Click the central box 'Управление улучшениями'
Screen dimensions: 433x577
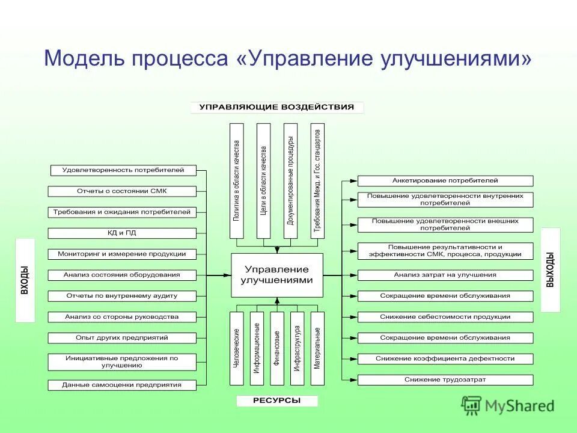tap(277, 275)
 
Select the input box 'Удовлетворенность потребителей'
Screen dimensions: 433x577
tap(123, 170)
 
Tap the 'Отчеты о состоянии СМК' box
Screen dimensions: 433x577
tap(122, 191)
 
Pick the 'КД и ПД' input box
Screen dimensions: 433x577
tap(122, 233)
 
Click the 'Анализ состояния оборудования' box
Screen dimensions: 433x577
tap(122, 275)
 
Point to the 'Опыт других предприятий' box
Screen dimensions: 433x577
tap(122, 337)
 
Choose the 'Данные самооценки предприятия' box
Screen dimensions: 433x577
tap(122, 385)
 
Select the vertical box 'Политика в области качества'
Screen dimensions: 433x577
tap(237, 181)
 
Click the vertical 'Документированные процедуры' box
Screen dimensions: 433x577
tap(290, 181)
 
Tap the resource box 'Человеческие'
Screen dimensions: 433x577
tap(237, 349)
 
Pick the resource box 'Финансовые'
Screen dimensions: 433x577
tap(277, 349)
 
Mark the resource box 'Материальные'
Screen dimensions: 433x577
tap(317, 349)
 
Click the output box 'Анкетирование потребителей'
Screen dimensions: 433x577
tap(445, 180)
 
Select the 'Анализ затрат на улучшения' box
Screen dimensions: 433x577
tap(445, 275)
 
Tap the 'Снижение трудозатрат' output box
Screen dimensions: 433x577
tap(445, 379)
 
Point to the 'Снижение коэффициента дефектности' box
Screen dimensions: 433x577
tap(445, 358)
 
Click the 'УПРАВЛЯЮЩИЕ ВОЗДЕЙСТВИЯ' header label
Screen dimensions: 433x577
tap(277, 108)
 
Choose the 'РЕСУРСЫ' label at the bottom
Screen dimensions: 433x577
tap(277, 401)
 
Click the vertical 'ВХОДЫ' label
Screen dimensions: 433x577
tap(25, 280)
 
